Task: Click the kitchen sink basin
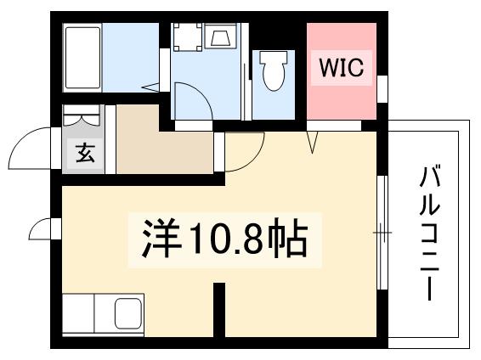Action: tap(127, 313)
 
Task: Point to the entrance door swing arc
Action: tap(32, 146)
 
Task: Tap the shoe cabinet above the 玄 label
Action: tap(85, 119)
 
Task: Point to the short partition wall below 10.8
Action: tap(218, 310)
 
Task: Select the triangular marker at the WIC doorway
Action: tap(314, 143)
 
